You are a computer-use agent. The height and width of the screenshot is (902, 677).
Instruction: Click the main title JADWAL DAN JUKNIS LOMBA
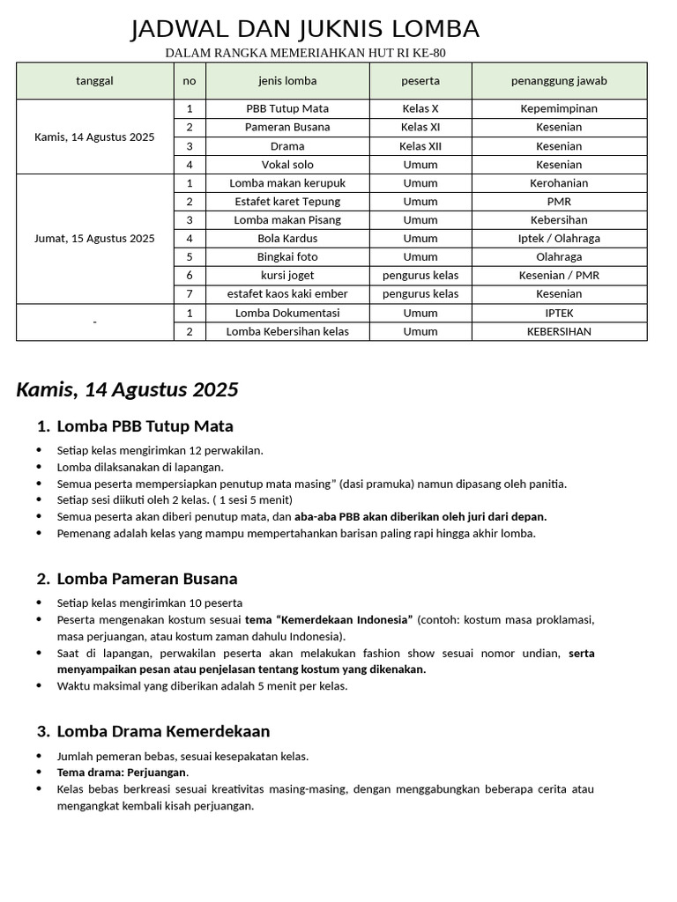click(x=305, y=30)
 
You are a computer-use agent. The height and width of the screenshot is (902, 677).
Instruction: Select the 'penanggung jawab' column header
click(x=559, y=81)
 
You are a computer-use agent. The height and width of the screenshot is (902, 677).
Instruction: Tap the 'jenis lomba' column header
click(x=287, y=81)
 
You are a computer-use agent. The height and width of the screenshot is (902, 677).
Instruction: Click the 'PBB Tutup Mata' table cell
click(x=287, y=108)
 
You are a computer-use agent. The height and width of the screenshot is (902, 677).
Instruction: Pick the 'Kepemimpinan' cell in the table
click(x=559, y=108)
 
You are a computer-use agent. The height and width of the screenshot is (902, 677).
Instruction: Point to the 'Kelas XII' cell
click(x=420, y=146)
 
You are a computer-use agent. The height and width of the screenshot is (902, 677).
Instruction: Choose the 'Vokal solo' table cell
click(x=287, y=165)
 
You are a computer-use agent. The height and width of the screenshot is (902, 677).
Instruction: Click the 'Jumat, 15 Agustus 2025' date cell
click(x=94, y=239)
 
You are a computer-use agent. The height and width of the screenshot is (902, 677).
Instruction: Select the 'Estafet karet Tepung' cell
click(x=287, y=202)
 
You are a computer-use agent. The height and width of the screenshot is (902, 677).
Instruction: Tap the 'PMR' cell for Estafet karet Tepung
click(x=559, y=202)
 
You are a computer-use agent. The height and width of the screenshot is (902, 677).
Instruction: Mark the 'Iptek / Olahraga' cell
click(x=559, y=239)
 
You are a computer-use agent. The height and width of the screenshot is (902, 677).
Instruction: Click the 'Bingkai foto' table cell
click(x=287, y=257)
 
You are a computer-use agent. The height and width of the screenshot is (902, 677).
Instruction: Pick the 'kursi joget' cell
click(x=287, y=276)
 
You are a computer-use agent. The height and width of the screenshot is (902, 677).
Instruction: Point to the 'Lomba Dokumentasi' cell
click(x=287, y=313)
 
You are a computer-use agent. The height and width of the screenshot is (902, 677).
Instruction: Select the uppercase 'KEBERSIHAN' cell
click(x=559, y=332)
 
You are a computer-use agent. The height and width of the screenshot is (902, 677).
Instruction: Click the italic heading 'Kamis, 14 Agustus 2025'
click(x=127, y=389)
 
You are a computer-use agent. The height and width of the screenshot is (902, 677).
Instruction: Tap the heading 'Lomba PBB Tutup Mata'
click(x=145, y=426)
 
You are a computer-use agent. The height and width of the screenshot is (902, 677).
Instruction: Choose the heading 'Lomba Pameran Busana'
click(x=146, y=579)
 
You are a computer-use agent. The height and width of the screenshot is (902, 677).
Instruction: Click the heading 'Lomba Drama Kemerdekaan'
click(x=163, y=731)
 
